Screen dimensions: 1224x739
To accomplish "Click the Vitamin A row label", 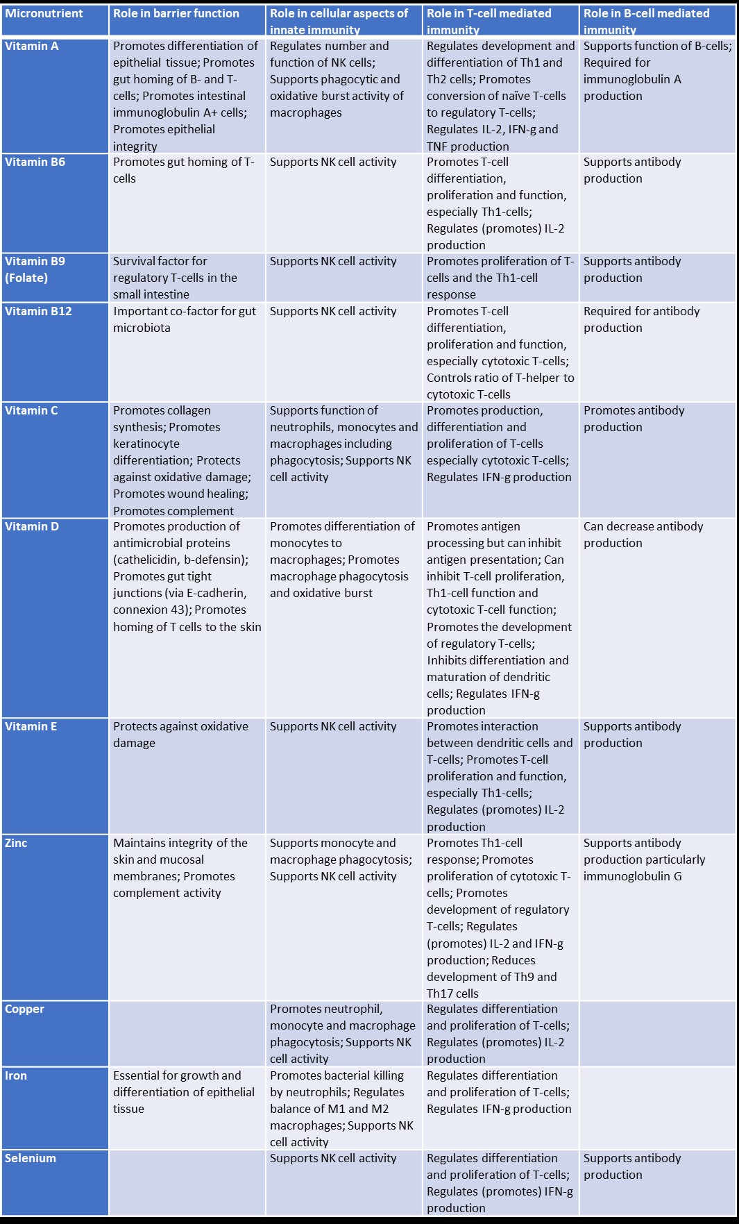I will [x=32, y=47].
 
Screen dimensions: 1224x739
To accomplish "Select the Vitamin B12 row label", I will [x=38, y=312].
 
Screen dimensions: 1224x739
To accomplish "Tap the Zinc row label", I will [x=17, y=844].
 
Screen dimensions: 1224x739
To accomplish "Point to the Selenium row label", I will [x=31, y=1159].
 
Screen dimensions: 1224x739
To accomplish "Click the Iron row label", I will [x=17, y=1076].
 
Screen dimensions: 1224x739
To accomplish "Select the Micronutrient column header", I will [x=44, y=14].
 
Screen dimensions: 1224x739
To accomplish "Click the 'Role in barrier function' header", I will [x=176, y=14].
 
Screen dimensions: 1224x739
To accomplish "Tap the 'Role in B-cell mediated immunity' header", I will [x=646, y=21].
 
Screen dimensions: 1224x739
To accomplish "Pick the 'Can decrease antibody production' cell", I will [x=643, y=535].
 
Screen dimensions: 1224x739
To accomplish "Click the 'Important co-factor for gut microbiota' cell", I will [x=185, y=319].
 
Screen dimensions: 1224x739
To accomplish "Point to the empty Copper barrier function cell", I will [x=187, y=1033].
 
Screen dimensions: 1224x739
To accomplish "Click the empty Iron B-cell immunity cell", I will [x=657, y=1107].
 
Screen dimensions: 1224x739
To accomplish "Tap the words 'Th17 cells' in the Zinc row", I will [x=452, y=994].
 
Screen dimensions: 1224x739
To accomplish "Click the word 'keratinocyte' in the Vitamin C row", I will [x=146, y=444].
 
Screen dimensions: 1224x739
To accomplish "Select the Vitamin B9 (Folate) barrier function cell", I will [x=175, y=278].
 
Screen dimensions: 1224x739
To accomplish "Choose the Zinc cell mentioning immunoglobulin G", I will [x=644, y=860].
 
